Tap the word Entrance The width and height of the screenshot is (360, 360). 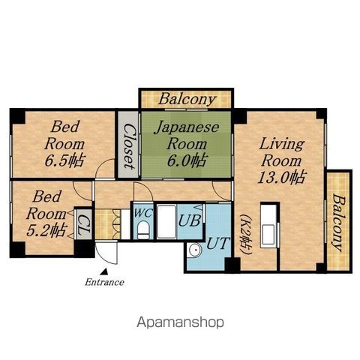point(104,282)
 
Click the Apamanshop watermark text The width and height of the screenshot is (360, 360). point(180,322)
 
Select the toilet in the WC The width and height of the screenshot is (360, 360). point(143,229)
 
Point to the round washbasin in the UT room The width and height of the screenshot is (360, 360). point(195,250)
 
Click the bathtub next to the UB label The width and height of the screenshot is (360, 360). point(166,221)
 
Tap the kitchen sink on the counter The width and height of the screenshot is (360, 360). point(268,235)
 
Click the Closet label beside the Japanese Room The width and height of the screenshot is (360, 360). point(129,146)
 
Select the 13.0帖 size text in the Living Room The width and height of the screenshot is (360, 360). point(281,178)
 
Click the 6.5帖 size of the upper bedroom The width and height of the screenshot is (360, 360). point(65,160)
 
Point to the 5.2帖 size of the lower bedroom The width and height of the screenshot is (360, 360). point(46,230)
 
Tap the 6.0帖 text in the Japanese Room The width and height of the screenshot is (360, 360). point(187,160)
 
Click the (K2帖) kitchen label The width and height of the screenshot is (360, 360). point(247,234)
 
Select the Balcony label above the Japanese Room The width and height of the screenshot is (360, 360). point(187,99)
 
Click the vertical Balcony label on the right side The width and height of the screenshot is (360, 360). point(339,222)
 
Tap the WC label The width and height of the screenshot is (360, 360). point(143,213)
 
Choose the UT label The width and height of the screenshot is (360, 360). point(218,243)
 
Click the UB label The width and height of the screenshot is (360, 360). point(190,220)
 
